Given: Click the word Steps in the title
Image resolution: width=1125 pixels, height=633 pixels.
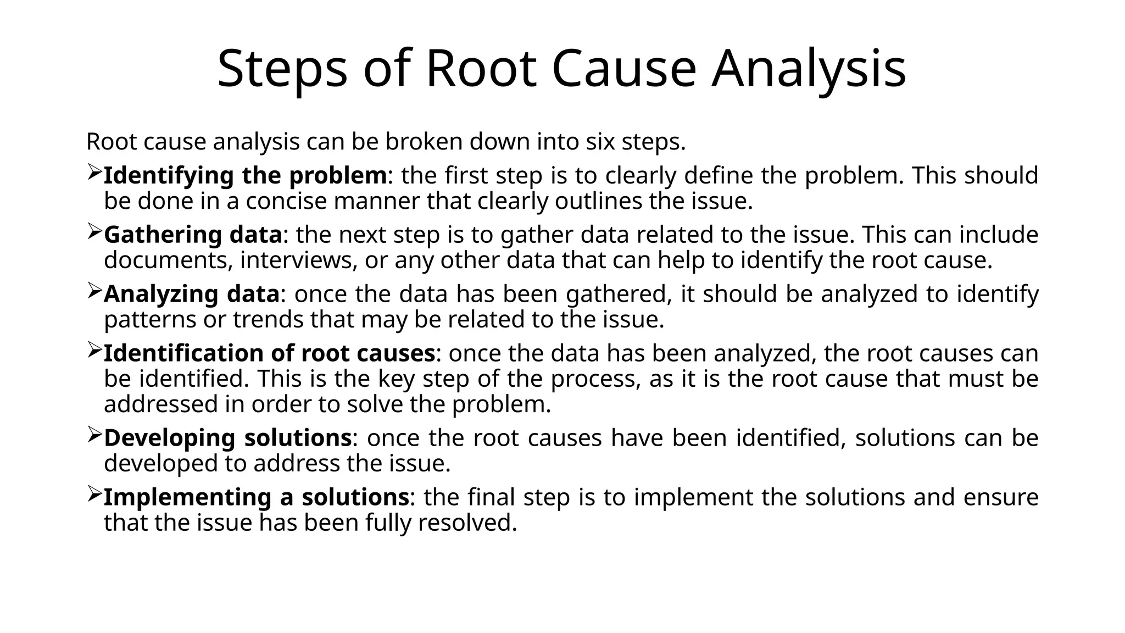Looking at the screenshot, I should point(282,69).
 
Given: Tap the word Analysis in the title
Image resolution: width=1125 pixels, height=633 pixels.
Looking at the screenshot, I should point(809,69).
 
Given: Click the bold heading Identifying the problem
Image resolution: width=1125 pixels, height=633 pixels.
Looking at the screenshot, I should point(245,176).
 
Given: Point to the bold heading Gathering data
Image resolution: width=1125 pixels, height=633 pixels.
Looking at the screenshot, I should point(193,235).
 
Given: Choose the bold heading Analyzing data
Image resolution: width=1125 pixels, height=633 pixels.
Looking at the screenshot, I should point(192,294).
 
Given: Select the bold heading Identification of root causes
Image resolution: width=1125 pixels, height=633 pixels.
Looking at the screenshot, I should point(269,353).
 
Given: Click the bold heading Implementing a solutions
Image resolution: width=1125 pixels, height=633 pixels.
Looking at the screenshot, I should point(256,497).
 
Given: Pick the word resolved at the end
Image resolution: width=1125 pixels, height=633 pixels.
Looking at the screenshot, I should point(467,523).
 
